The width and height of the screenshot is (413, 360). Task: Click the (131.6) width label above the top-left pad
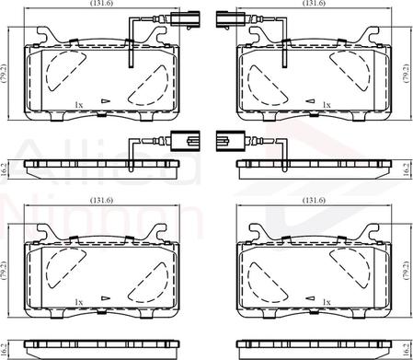102,3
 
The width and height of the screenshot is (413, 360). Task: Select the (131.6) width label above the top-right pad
314,3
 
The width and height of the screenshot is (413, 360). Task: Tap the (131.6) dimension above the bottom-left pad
102,200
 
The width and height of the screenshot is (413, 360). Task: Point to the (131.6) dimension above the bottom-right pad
314,200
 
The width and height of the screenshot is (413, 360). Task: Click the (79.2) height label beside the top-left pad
4,74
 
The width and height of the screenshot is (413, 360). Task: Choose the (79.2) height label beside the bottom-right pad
406,271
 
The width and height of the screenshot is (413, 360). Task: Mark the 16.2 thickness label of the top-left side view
4,169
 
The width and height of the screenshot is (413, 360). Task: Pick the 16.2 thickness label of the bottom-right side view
406,350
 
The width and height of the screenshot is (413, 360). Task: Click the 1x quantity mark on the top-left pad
79,105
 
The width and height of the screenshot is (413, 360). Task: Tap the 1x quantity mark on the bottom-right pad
327,302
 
